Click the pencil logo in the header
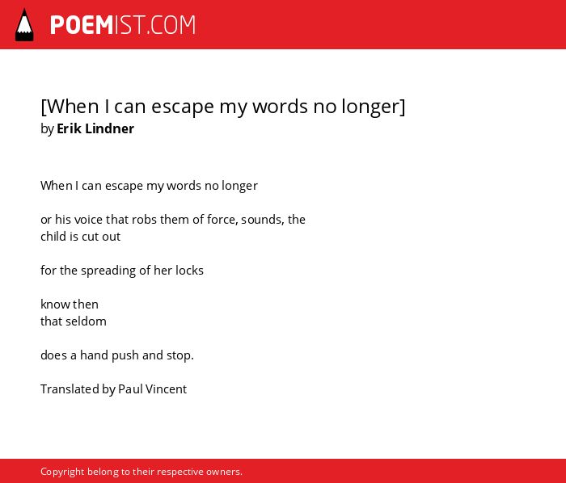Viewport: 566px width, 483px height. (24, 25)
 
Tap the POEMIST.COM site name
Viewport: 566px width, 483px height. (123, 25)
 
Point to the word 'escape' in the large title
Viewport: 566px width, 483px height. (182, 107)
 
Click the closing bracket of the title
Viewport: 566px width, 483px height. (403, 107)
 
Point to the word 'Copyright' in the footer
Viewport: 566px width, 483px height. (62, 472)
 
